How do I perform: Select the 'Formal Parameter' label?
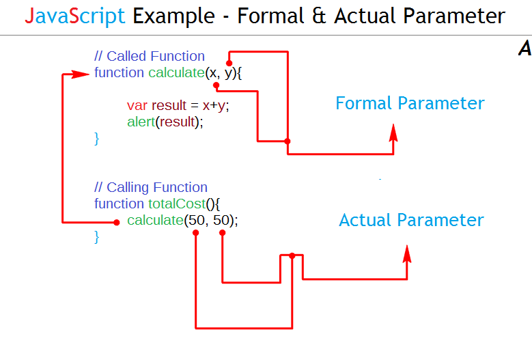coord(410,103)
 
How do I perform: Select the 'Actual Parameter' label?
coord(411,220)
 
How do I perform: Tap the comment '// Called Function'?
coord(150,56)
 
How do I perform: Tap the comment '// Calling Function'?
coord(151,187)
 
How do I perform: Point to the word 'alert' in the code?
coord(141,122)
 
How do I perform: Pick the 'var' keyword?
coord(137,105)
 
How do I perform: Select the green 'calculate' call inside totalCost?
coord(155,220)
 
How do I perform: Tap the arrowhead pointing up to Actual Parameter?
coord(407,254)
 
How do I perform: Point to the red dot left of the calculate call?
coord(117,222)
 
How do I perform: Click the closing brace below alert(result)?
coord(97,139)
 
